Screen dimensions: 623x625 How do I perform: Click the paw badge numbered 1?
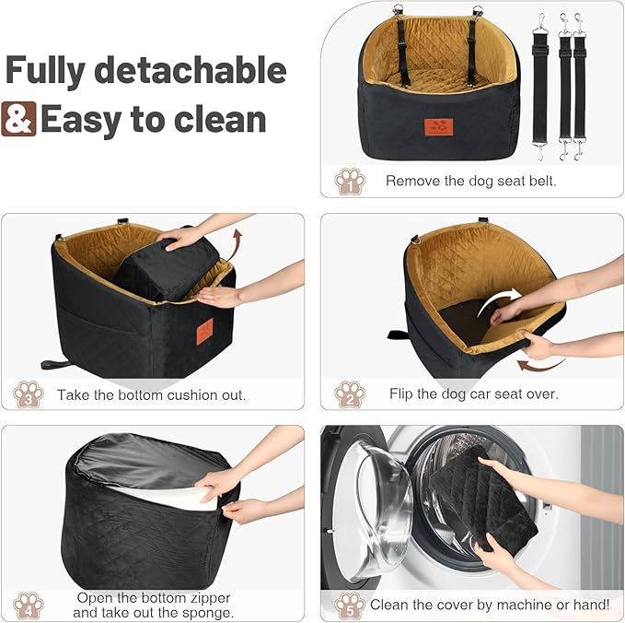[x=350, y=181]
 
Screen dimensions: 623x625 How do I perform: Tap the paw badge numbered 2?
[x=350, y=394]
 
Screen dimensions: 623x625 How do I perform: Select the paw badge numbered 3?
[x=29, y=394]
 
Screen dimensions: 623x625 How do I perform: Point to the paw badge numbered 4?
[x=29, y=605]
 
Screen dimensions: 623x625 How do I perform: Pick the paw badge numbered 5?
[x=350, y=605]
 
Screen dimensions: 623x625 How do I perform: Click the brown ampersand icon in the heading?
[x=18, y=120]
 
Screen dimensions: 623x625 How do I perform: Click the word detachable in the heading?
[x=191, y=71]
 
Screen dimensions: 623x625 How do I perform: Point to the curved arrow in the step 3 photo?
[x=237, y=247]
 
